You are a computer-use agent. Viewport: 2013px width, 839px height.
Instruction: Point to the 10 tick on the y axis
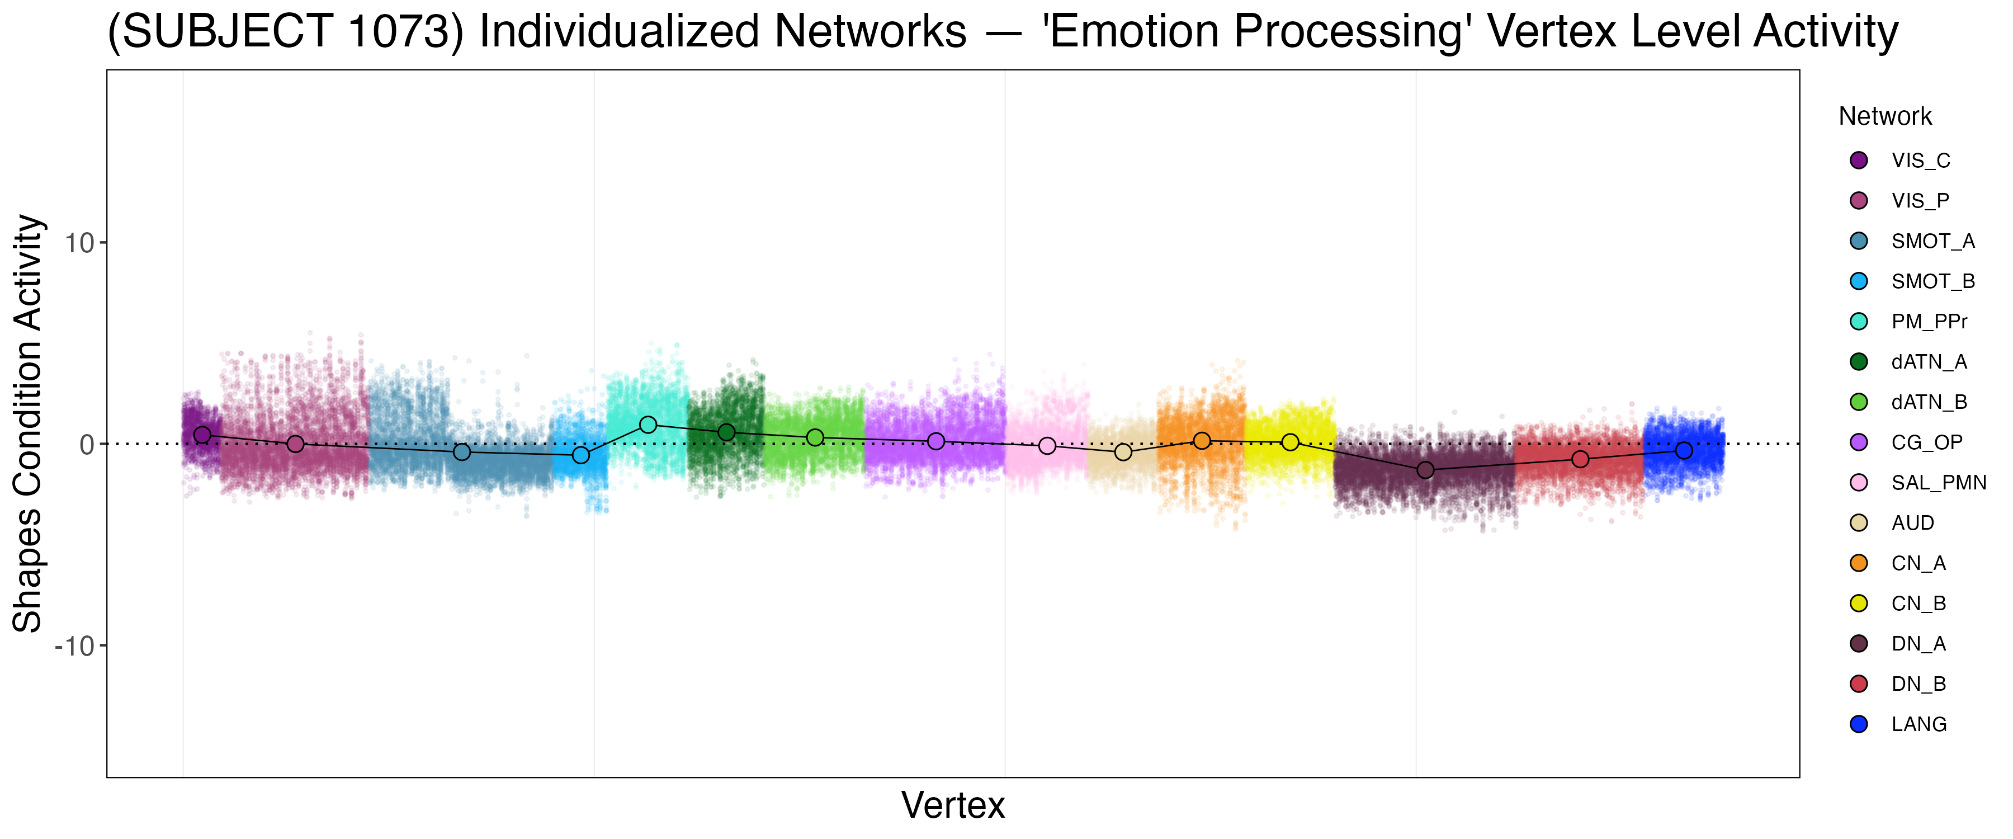(79, 243)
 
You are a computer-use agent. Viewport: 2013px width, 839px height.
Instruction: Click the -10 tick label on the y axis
(75, 647)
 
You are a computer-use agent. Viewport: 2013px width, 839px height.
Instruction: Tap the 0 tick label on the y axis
(87, 445)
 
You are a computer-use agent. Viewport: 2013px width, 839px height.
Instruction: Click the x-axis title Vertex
(953, 805)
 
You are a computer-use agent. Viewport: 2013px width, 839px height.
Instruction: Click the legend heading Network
(1885, 116)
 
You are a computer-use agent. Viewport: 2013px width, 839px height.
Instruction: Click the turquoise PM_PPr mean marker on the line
(648, 425)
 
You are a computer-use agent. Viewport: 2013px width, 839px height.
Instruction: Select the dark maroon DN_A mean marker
(1425, 470)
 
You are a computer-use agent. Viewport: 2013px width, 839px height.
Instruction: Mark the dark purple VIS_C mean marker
(202, 435)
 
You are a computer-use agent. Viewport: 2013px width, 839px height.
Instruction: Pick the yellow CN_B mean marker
(1290, 442)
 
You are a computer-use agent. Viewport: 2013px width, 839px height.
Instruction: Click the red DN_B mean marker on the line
(1580, 459)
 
